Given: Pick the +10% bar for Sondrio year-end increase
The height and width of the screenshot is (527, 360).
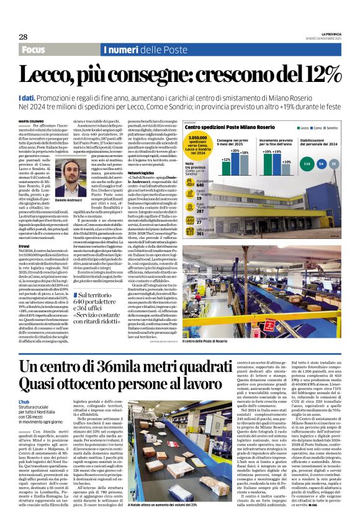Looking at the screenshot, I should point(286,164).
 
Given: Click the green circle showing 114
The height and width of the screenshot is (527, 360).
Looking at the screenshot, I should point(306,163).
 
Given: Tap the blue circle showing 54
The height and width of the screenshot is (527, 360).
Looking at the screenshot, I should point(321,163).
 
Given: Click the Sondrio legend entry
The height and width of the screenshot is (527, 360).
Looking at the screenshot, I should point(335,128).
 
